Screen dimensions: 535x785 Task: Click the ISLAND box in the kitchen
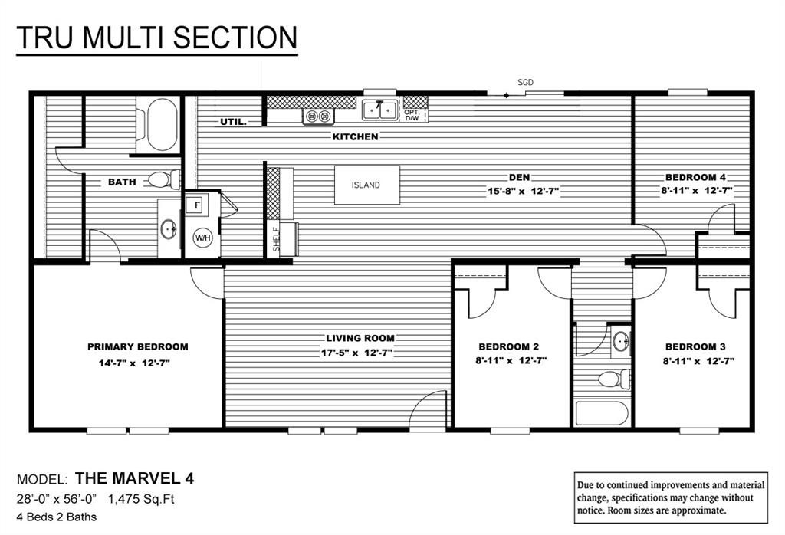366,185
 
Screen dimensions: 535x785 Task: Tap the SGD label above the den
525,82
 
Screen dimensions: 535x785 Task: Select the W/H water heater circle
202,237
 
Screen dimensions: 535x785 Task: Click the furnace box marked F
197,205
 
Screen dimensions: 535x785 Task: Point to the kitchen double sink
379,111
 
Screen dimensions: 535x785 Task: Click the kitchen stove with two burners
319,117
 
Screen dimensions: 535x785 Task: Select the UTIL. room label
233,122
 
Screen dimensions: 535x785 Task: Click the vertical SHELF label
276,239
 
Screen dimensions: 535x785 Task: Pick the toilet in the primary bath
161,180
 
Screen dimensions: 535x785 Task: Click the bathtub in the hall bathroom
602,413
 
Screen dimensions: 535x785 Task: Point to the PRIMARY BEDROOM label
137,346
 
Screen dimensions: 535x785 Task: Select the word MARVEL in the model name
143,479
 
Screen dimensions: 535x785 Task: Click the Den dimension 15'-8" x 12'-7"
524,192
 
